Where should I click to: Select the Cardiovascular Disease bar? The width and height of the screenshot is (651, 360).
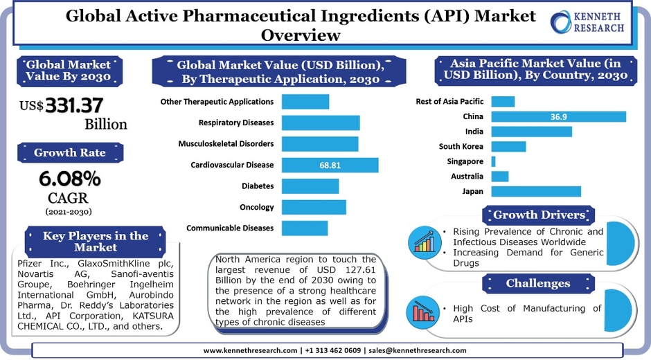point(330,165)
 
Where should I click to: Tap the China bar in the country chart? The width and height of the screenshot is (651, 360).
point(558,116)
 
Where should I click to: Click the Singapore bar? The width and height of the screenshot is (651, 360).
point(493,161)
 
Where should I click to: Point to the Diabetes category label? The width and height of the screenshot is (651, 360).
point(257,186)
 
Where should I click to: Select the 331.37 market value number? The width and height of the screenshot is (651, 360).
point(74,106)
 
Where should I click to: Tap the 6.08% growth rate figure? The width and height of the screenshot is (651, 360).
point(69,179)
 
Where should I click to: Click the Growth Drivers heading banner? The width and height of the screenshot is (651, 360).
point(538,215)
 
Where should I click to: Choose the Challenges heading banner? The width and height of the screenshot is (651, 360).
point(538,283)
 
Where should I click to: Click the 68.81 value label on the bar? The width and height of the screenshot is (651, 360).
point(330,165)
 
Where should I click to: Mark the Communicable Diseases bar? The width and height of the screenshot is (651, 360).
point(305,228)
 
